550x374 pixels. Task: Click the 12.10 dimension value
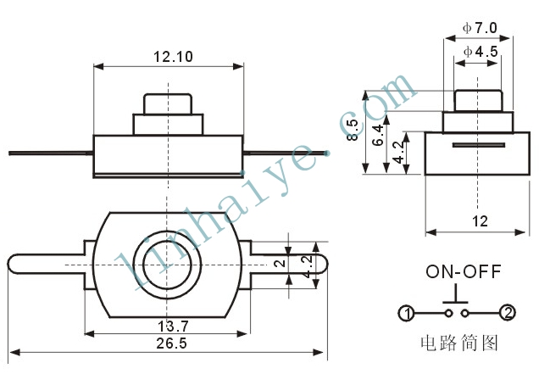pos(173,57)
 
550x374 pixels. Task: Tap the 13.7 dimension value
pos(173,327)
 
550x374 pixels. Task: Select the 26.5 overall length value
pos(171,343)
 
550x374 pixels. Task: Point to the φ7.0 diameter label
pos(480,28)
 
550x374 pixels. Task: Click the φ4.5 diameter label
pos(481,52)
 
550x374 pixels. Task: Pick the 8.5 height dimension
pos(353,131)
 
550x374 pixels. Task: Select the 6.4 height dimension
pos(379,135)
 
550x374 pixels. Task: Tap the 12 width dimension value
pos(480,221)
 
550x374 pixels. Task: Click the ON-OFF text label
pos(464,271)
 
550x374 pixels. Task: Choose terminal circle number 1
pos(407,313)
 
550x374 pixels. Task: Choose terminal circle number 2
pos(508,313)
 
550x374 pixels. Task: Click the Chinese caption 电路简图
pos(459,343)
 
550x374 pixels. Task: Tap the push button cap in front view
pos(168,104)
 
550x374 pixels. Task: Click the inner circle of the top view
pos(167,265)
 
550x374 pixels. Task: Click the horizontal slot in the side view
pos(479,145)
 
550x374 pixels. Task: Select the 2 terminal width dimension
pos(280,263)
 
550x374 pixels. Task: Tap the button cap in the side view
pos(478,101)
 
